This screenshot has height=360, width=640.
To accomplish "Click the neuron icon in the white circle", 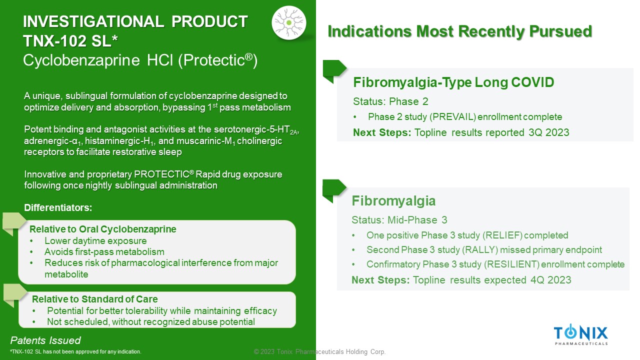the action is point(289,22).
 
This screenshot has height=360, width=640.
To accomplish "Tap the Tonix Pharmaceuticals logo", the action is point(581,334).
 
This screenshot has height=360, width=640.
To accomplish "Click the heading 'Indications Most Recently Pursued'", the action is point(459,31).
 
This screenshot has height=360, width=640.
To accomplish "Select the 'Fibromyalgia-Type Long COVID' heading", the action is point(453,82).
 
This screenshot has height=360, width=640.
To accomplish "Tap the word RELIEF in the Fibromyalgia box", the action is point(502,235).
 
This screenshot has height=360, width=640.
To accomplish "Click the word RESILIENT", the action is point(511,264).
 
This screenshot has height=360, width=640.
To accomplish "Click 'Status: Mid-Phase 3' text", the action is point(399,220).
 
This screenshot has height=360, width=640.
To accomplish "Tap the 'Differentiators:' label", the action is point(58,207).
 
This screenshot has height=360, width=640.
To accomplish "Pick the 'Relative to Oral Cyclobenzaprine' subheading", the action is point(103,229).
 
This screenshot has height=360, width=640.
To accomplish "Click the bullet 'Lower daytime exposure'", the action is point(95,241).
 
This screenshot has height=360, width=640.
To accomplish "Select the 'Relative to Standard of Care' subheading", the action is point(94,299).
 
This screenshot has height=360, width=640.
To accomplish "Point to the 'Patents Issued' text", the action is point(45,340).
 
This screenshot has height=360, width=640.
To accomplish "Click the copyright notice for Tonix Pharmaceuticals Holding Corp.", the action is point(319,351).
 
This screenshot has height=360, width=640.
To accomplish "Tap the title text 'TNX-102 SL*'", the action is point(70,41).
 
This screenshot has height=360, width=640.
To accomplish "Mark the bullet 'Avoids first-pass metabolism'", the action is point(104,252).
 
